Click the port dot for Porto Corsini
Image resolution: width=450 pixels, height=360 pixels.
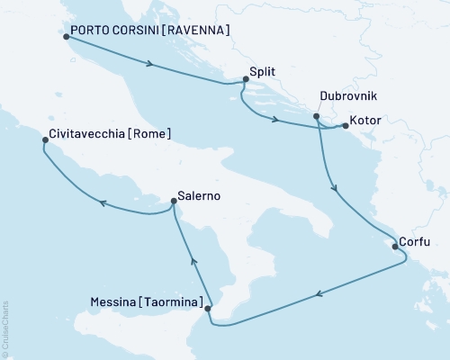pos(67,37)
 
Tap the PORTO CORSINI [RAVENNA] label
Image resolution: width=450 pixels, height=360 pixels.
pos(150,31)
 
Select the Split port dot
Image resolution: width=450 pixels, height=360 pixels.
pos(246,79)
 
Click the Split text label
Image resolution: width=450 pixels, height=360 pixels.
pos(265,70)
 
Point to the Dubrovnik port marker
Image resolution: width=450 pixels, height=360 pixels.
pos(316,116)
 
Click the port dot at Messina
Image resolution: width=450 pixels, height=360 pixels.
pos(209,309)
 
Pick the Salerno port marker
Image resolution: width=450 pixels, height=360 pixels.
pos(174,205)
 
